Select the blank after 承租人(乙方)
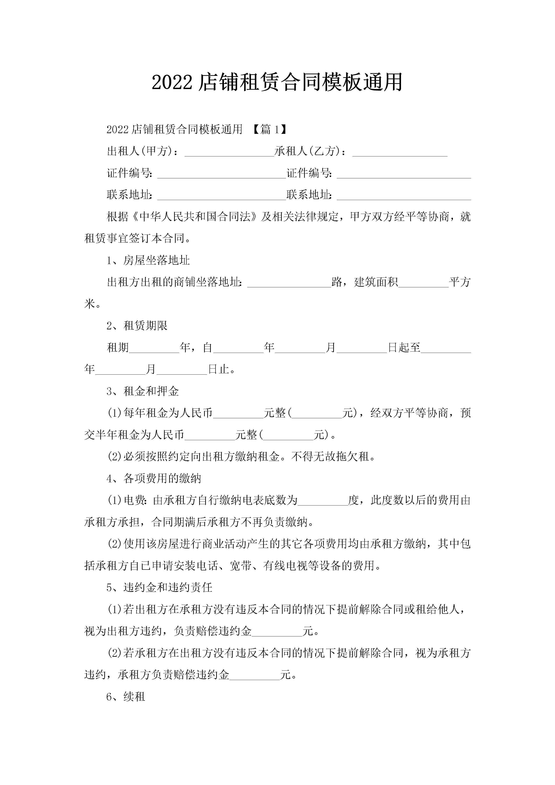[x=400, y=151]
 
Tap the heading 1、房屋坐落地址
[x=148, y=260]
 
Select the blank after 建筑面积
[x=423, y=282]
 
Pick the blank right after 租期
[x=154, y=348]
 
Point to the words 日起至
[x=404, y=347]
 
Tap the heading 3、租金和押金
[x=143, y=391]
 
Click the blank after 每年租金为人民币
[x=238, y=413]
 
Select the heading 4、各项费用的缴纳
[x=154, y=478]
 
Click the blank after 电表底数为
[x=323, y=501]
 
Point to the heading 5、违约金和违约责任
[x=159, y=587]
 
